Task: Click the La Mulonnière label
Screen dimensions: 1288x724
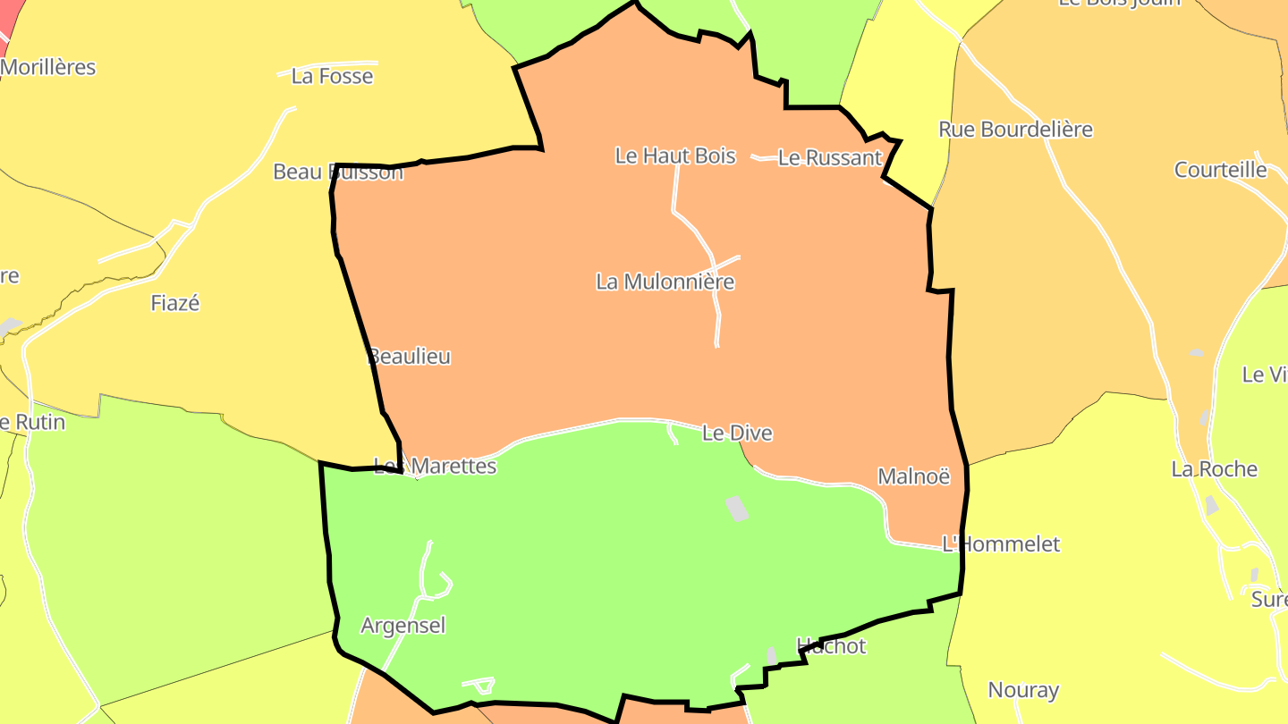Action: coord(665,282)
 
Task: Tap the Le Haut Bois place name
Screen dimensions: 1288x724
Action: coord(674,156)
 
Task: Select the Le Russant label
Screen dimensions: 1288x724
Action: coord(830,158)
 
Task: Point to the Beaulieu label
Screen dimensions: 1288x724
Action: coord(410,357)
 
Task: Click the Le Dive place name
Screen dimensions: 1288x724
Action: coord(737,434)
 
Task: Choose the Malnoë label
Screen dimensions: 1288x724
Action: coord(913,476)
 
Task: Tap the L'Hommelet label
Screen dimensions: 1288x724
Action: coord(1001,544)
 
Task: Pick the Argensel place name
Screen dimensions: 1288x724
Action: coord(402,626)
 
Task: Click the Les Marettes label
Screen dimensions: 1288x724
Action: coord(436,466)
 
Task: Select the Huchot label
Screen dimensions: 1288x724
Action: coord(831,646)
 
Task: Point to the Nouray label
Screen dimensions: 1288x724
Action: coord(1023,690)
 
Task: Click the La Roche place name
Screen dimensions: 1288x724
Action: coord(1214,469)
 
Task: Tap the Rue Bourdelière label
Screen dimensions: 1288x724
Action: coord(1015,130)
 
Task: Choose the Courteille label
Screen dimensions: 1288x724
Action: coord(1220,170)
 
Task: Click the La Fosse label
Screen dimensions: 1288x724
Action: coord(332,77)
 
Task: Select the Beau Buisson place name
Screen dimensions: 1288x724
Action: coord(338,172)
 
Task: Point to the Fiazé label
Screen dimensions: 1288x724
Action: coord(174,303)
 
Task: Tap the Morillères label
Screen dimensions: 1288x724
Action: coord(48,67)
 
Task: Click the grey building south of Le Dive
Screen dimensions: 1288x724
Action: coord(736,509)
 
